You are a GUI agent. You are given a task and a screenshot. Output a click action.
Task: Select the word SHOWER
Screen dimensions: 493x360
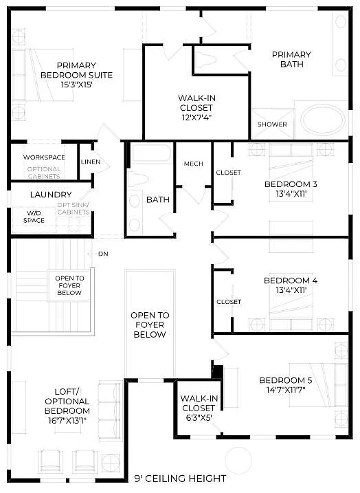click(272, 124)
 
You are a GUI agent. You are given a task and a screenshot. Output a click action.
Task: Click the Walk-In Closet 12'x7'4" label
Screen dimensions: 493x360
click(196, 107)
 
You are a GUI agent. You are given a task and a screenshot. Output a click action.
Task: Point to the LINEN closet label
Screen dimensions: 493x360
click(91, 162)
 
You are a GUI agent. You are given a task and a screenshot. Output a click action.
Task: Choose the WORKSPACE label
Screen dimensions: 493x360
click(44, 157)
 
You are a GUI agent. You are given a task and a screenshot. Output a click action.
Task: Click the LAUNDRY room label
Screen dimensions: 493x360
click(50, 195)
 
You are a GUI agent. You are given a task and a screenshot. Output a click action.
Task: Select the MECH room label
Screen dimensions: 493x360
click(193, 164)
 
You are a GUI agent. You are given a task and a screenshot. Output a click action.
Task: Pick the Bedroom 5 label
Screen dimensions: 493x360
click(286, 380)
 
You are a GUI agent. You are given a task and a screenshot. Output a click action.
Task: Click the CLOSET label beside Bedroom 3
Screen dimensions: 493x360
click(229, 173)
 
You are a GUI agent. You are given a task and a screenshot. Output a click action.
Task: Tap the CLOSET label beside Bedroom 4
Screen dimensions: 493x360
click(229, 302)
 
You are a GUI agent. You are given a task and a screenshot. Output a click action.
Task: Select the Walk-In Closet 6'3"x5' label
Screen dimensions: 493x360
click(199, 408)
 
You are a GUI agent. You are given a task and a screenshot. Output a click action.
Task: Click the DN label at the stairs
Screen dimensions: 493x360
click(103, 254)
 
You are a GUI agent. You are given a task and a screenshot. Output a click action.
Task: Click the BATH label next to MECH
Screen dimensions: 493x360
click(157, 200)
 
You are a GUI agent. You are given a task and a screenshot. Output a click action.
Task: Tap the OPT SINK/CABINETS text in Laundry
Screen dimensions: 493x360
click(73, 208)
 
